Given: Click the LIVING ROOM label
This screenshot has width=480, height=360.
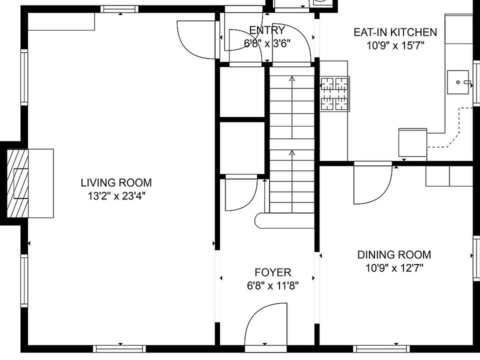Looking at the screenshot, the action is [116, 183].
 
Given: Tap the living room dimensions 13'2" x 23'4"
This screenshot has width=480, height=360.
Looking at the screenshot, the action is [116, 196].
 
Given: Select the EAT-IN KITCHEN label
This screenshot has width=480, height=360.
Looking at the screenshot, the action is [395, 32].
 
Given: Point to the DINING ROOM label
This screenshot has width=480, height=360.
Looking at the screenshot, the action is [394, 254].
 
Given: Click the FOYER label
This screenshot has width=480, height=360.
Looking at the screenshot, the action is [273, 272].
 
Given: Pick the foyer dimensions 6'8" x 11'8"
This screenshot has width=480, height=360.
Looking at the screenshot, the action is [273, 286].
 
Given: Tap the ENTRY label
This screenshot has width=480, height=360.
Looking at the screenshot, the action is [267, 30].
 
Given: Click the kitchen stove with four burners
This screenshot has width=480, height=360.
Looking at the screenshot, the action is [335, 94].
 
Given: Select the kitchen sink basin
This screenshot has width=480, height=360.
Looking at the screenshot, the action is [458, 82].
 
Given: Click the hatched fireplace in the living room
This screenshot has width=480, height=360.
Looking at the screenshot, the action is [18, 183].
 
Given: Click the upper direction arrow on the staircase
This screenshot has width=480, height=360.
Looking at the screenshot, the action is [292, 107].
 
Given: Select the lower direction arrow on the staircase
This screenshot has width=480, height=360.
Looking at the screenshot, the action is [292, 181].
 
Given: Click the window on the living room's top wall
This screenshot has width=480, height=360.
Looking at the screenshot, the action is [119, 9].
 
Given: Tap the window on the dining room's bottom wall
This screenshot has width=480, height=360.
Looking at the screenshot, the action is [381, 349].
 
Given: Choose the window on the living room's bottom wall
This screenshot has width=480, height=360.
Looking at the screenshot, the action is [119, 349].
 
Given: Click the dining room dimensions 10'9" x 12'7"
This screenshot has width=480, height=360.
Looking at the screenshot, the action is [394, 268].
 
